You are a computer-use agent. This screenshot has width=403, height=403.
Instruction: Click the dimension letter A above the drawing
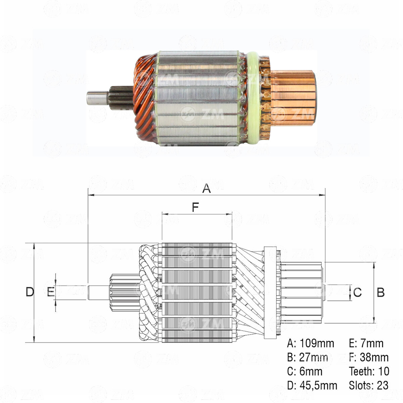pos(207,188)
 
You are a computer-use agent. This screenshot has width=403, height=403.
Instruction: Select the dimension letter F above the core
pos(195,208)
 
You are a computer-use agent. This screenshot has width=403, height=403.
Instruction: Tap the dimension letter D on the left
pos(30,292)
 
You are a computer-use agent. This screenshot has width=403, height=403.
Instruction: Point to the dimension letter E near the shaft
pos(50,292)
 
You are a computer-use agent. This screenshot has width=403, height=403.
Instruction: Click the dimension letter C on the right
pos(357,292)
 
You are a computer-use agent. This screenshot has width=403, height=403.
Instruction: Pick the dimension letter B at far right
pos(380,292)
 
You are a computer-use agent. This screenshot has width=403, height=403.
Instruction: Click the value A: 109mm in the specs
pos(311,343)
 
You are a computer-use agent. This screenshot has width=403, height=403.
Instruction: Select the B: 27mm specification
pos(308,357)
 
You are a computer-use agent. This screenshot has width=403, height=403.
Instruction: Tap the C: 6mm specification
pos(305,371)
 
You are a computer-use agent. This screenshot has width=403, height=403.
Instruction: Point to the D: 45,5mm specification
pos(312,385)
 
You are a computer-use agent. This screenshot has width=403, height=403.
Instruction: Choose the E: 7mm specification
pos(366,343)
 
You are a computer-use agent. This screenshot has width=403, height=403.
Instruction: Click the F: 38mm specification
pos(369,357)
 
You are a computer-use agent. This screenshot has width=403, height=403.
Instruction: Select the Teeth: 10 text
pos(369,371)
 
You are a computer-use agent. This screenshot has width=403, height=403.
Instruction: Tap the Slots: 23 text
pos(369,385)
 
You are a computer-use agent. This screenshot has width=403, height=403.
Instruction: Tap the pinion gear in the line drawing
pos(124,292)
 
